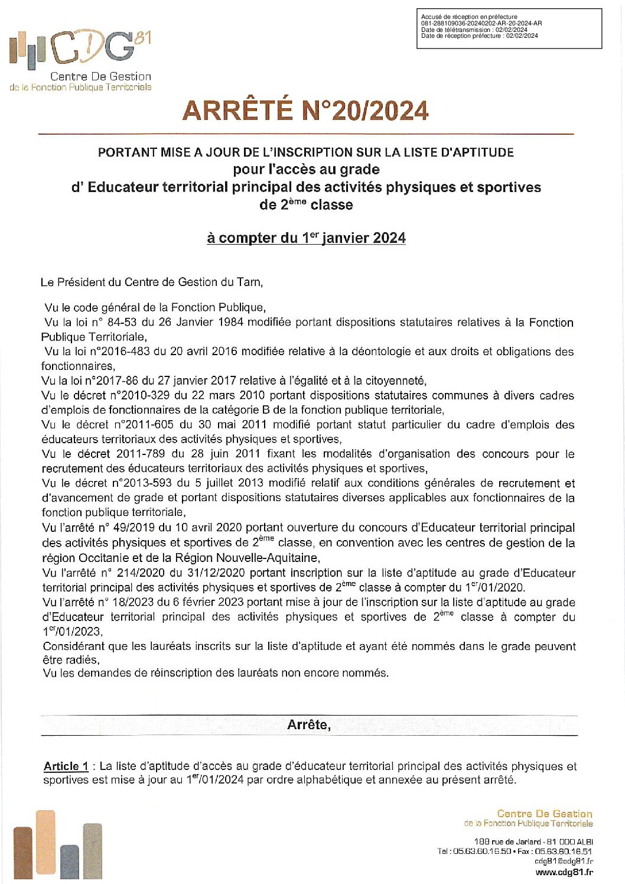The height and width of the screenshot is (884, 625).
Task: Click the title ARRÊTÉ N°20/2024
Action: click(x=305, y=111)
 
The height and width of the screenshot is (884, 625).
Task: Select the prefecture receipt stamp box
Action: click(x=509, y=28)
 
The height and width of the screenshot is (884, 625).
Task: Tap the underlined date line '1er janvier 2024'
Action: click(x=306, y=238)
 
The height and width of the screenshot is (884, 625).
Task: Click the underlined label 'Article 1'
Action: click(x=66, y=766)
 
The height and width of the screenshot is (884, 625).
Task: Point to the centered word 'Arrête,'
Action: click(x=309, y=725)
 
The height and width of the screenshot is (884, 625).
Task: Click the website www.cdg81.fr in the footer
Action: click(x=564, y=872)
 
